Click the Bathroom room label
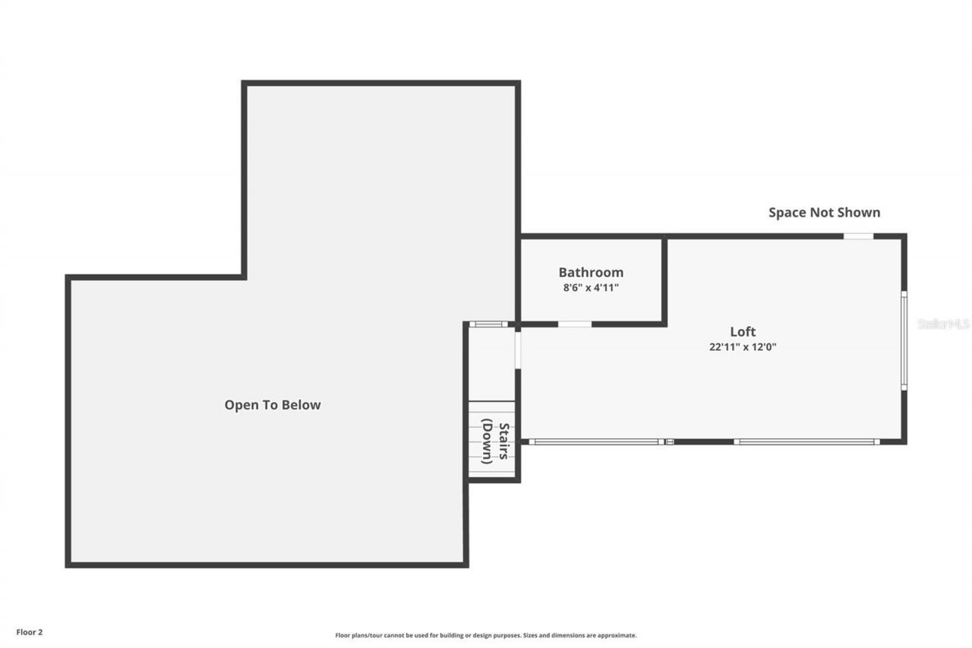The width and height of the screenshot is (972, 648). [591, 272]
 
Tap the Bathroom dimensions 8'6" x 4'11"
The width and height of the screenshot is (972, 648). [591, 289]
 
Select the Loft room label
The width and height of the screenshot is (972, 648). [743, 332]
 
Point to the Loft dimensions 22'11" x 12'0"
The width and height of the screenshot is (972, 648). [743, 347]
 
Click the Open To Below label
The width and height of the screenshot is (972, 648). [273, 405]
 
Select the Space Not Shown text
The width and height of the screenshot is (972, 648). [824, 213]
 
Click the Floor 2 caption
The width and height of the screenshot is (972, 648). [30, 631]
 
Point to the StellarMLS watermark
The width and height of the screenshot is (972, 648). [944, 324]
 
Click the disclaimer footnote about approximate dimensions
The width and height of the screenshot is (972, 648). [486, 635]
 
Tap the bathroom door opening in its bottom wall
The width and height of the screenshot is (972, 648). [575, 324]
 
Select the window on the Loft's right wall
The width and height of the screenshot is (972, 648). [904, 340]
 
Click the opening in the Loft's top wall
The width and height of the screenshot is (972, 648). [858, 236]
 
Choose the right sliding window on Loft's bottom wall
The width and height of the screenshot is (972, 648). [806, 441]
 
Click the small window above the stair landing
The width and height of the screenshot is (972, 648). [488, 324]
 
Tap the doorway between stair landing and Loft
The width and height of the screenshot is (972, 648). [517, 349]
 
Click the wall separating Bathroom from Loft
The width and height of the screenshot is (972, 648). [664, 281]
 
